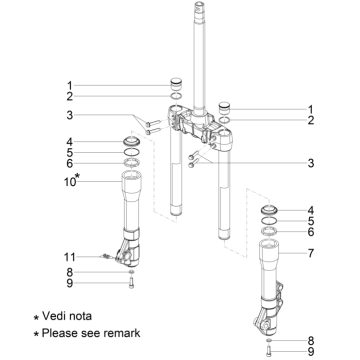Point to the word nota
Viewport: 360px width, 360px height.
tap(80, 313)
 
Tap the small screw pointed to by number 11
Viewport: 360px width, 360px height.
tap(108, 256)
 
